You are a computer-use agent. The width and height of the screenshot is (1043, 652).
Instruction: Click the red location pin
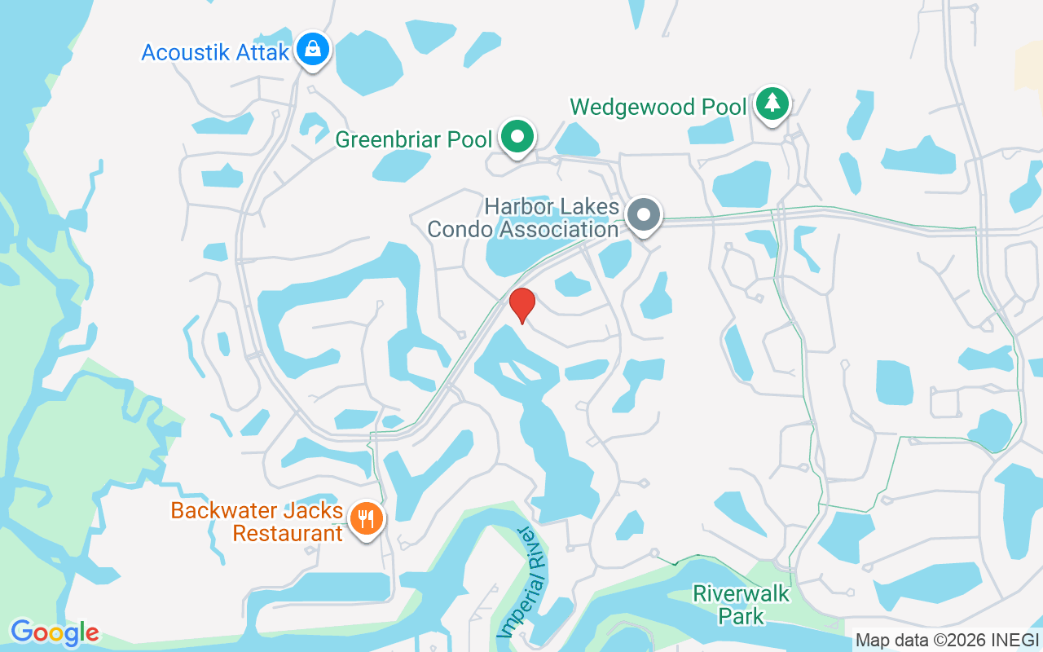click(x=521, y=305)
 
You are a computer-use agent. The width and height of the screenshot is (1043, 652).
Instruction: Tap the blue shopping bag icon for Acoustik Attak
click(x=312, y=51)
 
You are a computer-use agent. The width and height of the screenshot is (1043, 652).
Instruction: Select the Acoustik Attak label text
click(x=215, y=53)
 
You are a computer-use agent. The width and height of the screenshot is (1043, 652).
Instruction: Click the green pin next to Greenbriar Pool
click(x=517, y=136)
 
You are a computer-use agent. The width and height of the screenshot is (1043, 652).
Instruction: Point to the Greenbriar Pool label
click(x=414, y=139)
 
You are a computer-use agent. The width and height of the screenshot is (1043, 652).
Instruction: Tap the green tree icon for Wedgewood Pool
click(x=772, y=104)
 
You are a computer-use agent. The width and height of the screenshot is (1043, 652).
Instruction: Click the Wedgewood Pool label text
click(x=658, y=108)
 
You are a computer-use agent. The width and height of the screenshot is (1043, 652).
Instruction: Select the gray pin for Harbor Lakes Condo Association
click(x=645, y=215)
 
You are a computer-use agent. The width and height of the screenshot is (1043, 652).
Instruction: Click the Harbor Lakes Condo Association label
click(x=523, y=218)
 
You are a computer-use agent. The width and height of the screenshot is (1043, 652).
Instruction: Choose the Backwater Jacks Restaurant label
click(x=257, y=522)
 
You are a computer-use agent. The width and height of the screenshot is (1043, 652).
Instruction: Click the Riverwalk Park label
click(x=741, y=604)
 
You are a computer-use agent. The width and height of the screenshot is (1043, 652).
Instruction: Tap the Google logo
click(x=55, y=632)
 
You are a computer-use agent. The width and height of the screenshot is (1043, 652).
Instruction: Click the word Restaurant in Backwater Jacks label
click(x=288, y=534)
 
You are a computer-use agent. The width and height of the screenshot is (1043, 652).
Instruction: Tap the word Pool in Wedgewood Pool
click(x=723, y=108)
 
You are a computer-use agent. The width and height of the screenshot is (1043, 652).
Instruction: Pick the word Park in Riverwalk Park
click(x=741, y=615)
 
